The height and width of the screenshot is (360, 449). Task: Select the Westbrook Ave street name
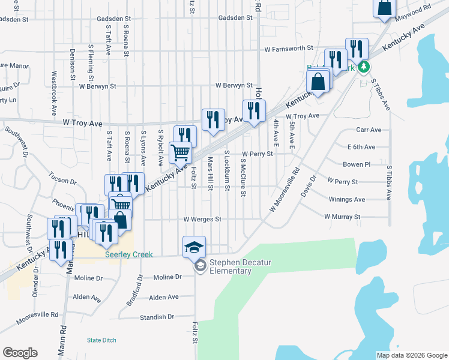54,94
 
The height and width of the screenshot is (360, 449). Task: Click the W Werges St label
203,220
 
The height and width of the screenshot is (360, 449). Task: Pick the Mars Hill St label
211,173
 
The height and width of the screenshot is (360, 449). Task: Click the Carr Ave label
369,130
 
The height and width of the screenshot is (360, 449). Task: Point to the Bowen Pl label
357,164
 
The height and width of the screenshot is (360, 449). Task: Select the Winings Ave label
347,199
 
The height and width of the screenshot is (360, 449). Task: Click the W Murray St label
342,216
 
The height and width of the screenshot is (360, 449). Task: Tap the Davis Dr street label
309,187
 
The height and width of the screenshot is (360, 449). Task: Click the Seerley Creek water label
129,254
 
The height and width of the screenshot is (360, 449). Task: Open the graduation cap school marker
194,246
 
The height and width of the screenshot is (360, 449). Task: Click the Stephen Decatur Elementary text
230,266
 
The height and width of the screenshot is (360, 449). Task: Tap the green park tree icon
363,66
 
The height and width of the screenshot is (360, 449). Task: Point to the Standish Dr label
157,317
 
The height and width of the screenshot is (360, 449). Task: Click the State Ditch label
101,340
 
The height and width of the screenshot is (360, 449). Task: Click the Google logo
20,353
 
